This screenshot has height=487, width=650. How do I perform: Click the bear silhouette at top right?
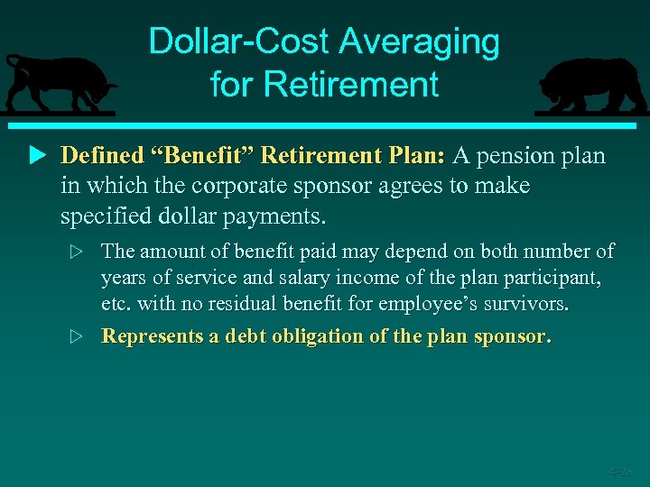click(591, 86)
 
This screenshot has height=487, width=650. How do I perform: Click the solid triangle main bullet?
click(36, 156)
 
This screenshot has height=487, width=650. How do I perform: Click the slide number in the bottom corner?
click(620, 471)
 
